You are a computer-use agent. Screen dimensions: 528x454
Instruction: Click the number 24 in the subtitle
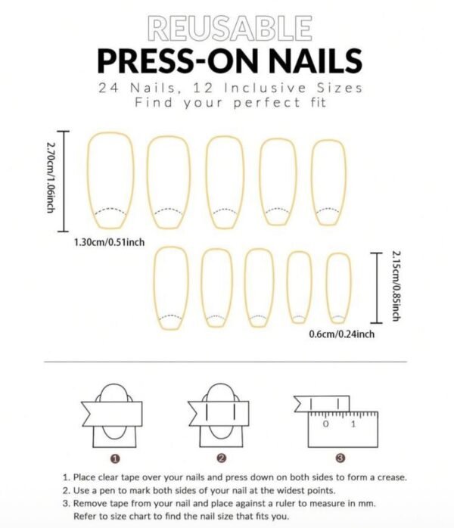tap(108, 88)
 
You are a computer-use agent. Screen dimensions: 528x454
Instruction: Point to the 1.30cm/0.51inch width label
tap(109, 242)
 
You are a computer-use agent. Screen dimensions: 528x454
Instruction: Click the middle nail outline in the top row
tap(225, 182)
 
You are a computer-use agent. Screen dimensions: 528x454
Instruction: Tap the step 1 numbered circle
tap(114, 458)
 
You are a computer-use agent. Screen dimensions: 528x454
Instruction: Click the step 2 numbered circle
tap(221, 458)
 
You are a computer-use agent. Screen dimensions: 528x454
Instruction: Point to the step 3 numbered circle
tap(340, 458)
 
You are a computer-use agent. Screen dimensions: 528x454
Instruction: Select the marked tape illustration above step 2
tap(221, 413)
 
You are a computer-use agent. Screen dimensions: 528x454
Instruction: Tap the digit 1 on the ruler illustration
tap(353, 424)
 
